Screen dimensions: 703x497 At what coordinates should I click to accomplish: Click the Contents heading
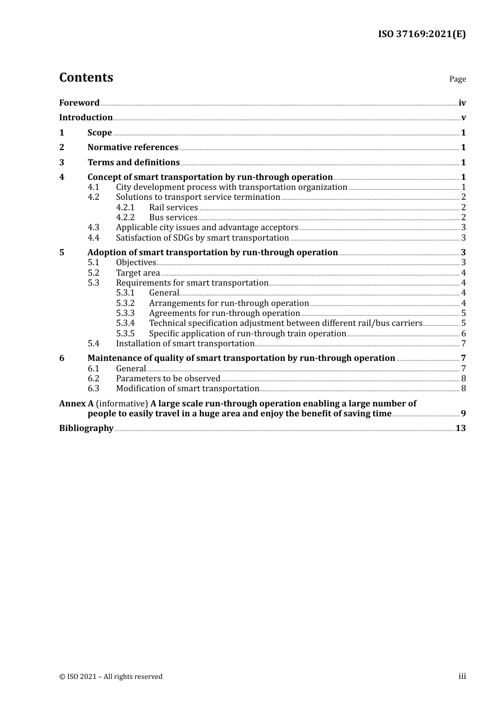[86, 77]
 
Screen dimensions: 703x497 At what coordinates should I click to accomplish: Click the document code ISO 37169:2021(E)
[422, 35]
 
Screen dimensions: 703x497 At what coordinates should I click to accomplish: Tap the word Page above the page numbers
[457, 79]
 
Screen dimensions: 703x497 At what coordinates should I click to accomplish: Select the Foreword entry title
[79, 103]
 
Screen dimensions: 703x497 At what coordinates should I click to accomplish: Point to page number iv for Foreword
[462, 103]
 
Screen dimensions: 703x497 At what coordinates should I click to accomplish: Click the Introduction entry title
[86, 118]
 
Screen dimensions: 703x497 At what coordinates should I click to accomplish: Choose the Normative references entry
[133, 148]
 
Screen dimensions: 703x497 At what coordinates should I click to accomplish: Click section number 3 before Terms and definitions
[62, 163]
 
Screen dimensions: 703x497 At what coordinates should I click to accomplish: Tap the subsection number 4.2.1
[125, 208]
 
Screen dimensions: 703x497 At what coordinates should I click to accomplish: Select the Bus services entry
[173, 218]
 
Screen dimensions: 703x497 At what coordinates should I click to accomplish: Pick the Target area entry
[138, 273]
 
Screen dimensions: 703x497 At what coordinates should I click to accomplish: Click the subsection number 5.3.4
[125, 323]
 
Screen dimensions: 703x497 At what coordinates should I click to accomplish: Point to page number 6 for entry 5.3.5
[464, 334]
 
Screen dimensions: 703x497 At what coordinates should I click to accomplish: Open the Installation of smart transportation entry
[185, 344]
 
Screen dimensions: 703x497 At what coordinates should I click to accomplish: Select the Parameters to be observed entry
[168, 379]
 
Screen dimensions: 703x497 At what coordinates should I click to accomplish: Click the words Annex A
[76, 404]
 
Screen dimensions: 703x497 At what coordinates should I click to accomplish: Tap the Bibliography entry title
[86, 428]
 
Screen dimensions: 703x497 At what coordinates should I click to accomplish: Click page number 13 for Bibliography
[460, 428]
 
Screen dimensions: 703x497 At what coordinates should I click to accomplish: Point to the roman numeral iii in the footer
[462, 676]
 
